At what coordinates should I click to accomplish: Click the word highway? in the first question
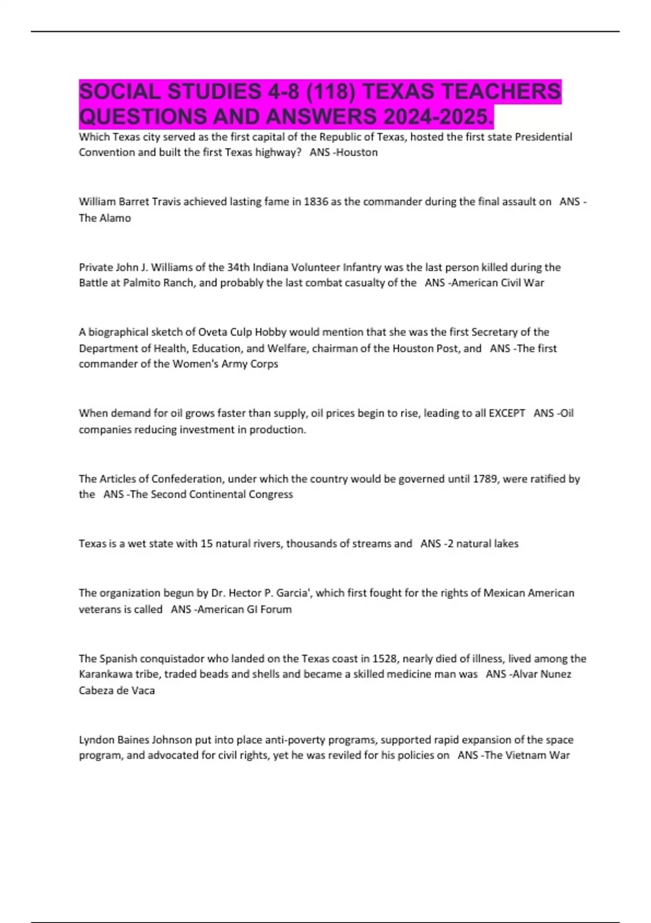pos(278,153)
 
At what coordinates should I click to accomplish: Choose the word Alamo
pos(115,218)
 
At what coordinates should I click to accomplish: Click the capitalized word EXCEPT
pos(507,413)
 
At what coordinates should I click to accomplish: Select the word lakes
pos(505,543)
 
